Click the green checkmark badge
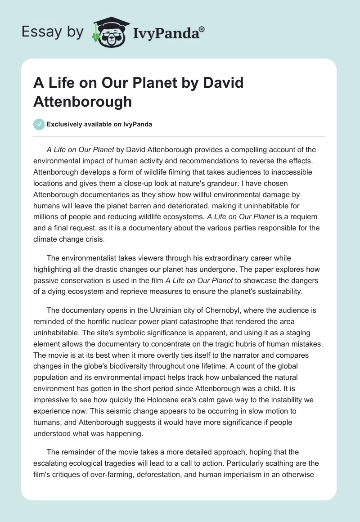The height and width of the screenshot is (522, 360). pos(39,124)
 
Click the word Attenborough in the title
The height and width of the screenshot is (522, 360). pos(82,101)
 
